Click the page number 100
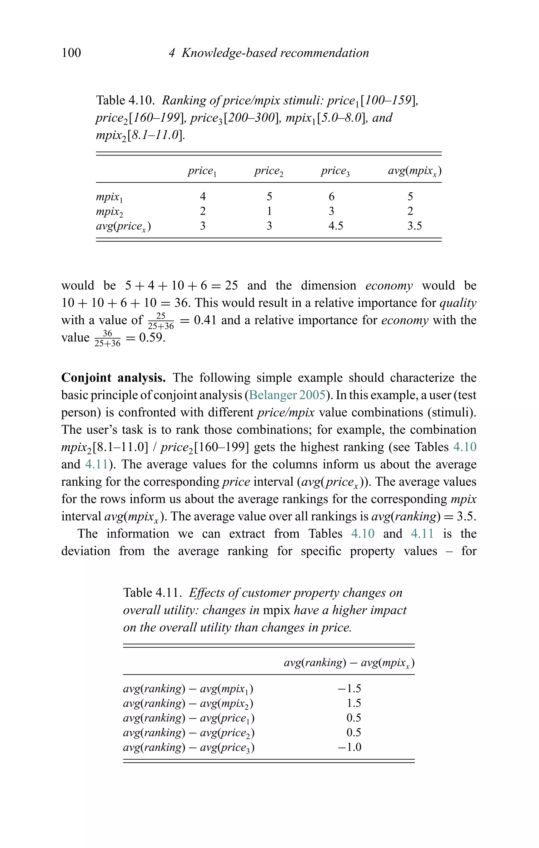71,53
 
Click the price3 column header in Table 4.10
335,171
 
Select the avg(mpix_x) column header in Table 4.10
415,171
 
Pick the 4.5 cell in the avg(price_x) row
335,226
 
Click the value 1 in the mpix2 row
269,211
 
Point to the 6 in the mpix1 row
331,196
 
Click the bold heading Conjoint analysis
113,378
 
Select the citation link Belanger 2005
287,395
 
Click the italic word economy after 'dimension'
389,285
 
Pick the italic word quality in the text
458,303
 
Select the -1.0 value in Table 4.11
349,747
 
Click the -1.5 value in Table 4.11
349,688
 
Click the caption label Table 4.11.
152,593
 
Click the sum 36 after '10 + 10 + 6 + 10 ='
182,303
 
